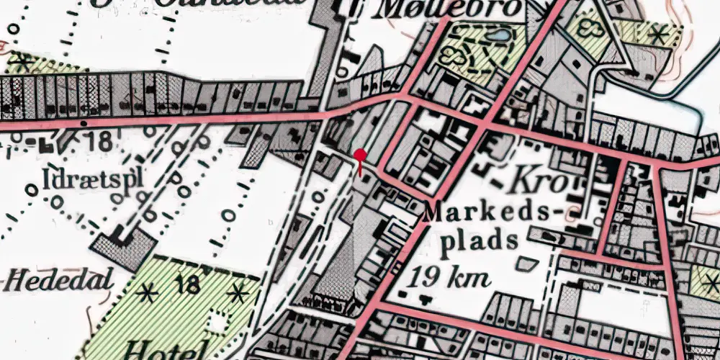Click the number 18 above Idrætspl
(x=97, y=141)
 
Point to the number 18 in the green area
(x=189, y=285)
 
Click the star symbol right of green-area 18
(x=238, y=293)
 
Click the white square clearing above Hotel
(x=216, y=325)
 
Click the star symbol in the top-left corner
(x=23, y=62)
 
